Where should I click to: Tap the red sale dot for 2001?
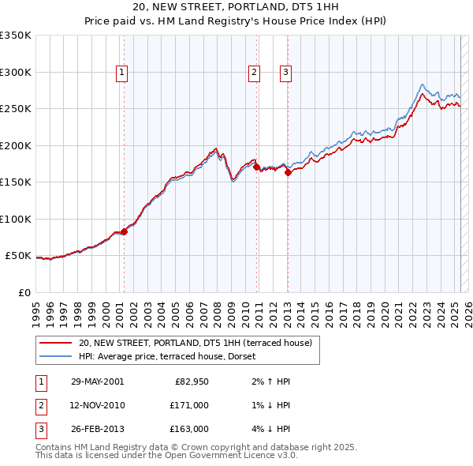124,231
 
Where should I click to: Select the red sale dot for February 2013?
288,173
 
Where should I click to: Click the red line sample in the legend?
55,343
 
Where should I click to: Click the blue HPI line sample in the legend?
55,355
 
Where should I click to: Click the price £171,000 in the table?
190,405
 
